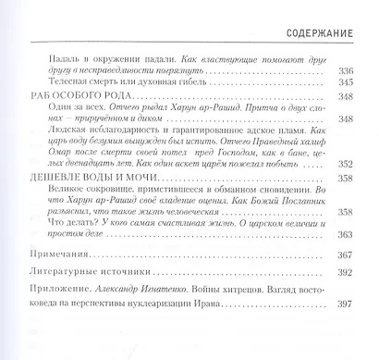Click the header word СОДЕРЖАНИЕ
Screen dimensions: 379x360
[x=323, y=32]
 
